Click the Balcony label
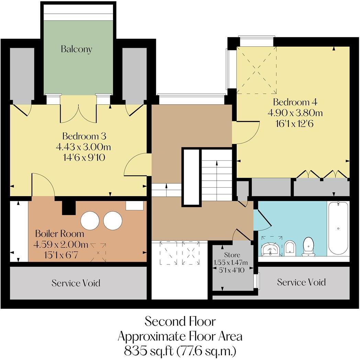(x=77, y=49)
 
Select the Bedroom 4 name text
(x=295, y=102)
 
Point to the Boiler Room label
(x=59, y=234)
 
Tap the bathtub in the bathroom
(x=338, y=228)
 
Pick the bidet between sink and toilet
(x=290, y=247)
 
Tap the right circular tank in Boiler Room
(x=113, y=220)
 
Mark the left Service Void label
(x=76, y=283)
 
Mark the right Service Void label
(x=301, y=282)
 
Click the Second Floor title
(x=180, y=322)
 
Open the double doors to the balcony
(x=78, y=113)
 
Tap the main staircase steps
(x=216, y=175)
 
